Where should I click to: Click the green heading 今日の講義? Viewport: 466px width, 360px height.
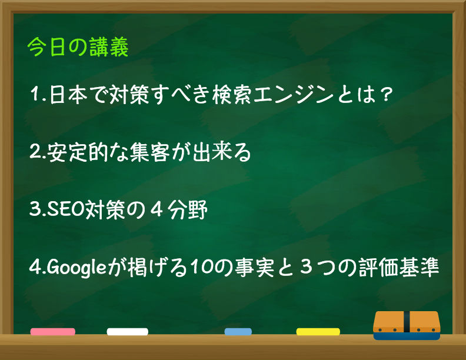(78, 47)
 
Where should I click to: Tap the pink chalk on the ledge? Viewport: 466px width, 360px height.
(53, 332)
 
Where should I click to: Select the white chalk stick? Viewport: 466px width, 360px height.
(128, 332)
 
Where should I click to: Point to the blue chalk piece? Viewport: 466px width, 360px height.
(238, 332)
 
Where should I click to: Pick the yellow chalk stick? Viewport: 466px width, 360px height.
(318, 332)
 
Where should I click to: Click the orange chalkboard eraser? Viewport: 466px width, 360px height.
(407, 325)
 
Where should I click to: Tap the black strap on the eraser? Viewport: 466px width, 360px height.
(407, 322)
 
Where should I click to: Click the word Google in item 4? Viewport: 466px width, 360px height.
(76, 268)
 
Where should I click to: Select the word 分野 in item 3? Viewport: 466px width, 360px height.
(187, 209)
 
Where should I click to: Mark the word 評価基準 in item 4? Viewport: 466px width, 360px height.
(399, 268)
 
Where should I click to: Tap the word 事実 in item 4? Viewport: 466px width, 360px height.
(254, 268)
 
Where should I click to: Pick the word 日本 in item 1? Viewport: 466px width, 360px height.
(68, 95)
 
